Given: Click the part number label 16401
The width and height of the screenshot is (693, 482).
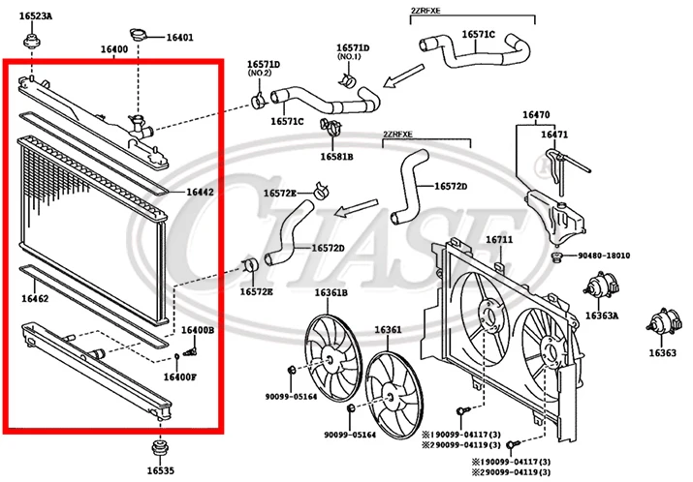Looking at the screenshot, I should click(x=179, y=38).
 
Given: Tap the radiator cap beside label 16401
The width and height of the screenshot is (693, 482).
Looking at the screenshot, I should click(x=145, y=36).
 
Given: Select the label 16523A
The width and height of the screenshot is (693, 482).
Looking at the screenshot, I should click(x=37, y=17).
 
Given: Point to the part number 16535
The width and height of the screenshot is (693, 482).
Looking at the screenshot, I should click(x=161, y=470).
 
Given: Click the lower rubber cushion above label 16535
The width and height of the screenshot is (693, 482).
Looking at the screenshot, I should click(x=159, y=448).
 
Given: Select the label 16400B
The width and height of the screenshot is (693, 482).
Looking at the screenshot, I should click(x=197, y=331).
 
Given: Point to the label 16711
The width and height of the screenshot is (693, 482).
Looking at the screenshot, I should click(x=499, y=239).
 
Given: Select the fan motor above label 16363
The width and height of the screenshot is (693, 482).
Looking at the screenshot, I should click(x=662, y=324).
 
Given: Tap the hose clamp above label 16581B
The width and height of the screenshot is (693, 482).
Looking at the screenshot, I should click(x=328, y=127).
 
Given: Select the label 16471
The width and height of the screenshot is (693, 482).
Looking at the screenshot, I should click(x=554, y=135).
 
